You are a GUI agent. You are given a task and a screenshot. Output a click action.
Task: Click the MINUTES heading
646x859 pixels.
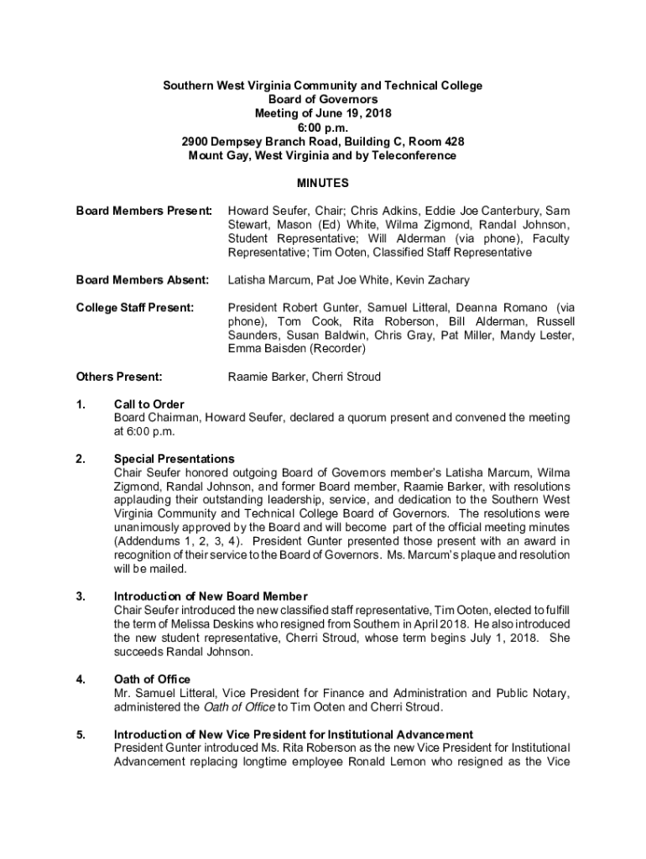click(x=323, y=184)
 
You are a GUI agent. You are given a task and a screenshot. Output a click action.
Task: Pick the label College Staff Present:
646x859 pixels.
click(x=135, y=308)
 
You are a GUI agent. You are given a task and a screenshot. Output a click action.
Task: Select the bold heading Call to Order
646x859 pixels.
click(x=149, y=404)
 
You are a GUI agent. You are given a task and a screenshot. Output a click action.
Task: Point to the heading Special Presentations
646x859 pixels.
click(x=175, y=459)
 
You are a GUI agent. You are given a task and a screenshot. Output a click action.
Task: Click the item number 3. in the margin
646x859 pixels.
click(x=81, y=596)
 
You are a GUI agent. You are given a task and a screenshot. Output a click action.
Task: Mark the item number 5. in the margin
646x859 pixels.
click(x=81, y=734)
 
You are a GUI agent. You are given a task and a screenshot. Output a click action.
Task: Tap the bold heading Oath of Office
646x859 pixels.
click(x=152, y=679)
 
